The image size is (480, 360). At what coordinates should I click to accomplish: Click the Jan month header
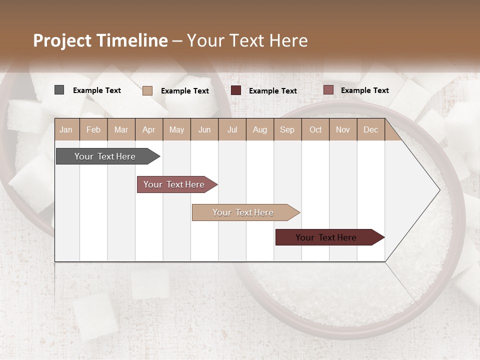(x=66, y=129)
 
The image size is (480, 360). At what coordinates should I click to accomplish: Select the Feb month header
(x=93, y=129)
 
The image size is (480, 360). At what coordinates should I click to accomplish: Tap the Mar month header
(x=121, y=129)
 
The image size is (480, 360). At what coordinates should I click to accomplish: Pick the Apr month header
(x=149, y=129)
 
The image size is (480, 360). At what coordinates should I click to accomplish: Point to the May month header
(x=176, y=129)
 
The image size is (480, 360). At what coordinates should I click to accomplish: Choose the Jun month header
(x=204, y=129)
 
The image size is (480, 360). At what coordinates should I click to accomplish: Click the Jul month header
(x=232, y=129)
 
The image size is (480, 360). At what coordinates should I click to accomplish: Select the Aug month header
(x=260, y=129)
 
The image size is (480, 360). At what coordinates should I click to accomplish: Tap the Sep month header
(x=287, y=129)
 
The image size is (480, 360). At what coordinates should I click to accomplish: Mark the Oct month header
(x=315, y=129)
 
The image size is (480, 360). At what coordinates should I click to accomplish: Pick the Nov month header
(x=343, y=129)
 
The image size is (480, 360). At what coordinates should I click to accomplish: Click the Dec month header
(x=371, y=129)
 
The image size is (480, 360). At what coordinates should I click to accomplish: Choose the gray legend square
(x=59, y=90)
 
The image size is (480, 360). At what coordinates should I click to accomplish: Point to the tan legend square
(x=147, y=90)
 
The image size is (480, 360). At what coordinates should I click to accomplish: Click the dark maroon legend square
(x=236, y=90)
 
